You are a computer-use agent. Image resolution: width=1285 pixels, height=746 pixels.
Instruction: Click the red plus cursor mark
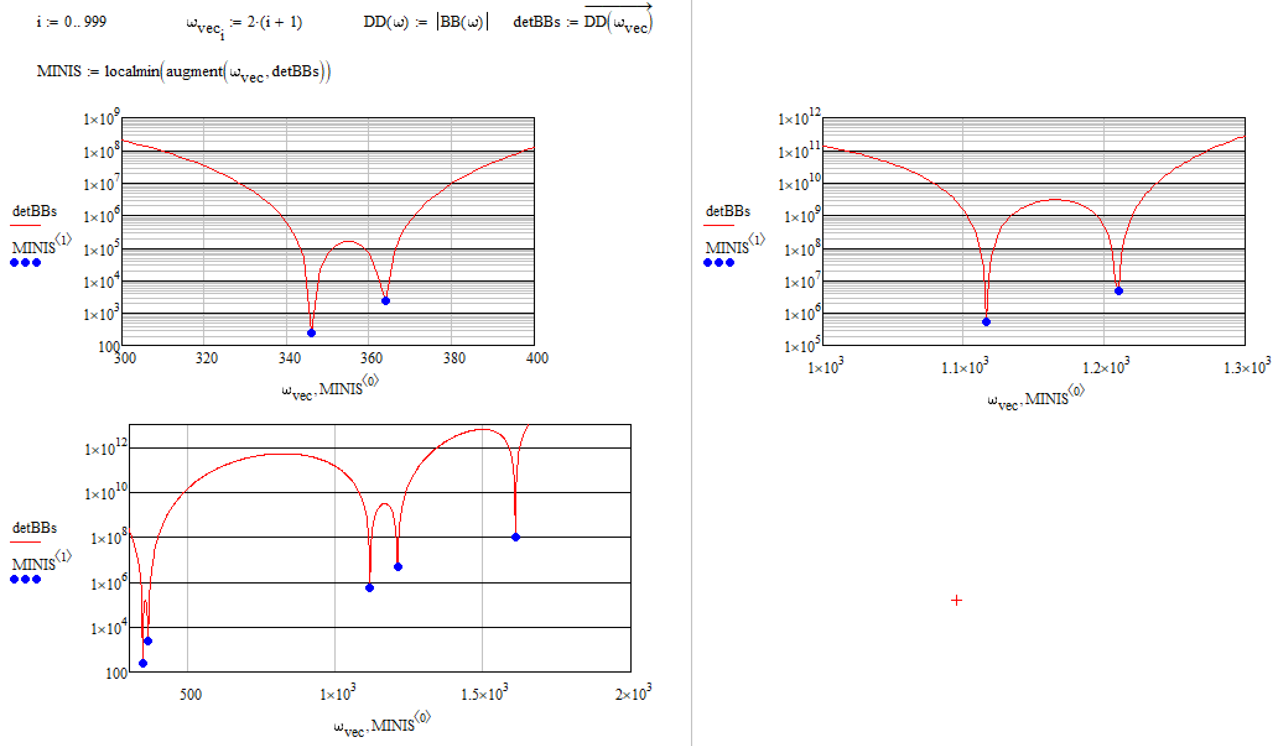coord(956,600)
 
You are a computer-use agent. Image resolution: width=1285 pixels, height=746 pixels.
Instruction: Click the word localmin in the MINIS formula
coord(132,71)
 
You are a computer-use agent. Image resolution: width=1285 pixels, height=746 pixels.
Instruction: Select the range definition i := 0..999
coord(71,22)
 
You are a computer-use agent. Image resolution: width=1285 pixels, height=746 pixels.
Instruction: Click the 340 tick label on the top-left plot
coord(289,358)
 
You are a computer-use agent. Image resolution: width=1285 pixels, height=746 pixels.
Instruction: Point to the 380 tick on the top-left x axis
coord(454,358)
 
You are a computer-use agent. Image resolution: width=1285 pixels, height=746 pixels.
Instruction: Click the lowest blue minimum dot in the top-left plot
coord(312,333)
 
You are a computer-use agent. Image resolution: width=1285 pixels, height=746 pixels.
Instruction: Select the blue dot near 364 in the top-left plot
coord(386,301)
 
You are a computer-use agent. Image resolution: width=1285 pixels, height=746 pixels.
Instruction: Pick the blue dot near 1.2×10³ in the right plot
coord(1119,291)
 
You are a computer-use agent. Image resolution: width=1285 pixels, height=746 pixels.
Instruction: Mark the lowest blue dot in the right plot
coord(986,322)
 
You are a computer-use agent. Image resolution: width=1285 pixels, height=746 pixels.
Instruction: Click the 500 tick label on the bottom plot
coord(190,694)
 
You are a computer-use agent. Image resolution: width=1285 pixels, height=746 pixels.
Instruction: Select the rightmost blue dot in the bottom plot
coord(516,537)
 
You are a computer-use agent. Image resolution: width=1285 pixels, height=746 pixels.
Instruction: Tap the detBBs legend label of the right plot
coord(728,211)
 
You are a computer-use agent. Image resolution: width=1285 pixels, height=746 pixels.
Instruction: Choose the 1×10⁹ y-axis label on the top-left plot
coord(102,119)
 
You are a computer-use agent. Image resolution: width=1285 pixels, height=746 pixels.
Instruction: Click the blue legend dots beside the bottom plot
coord(26,579)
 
